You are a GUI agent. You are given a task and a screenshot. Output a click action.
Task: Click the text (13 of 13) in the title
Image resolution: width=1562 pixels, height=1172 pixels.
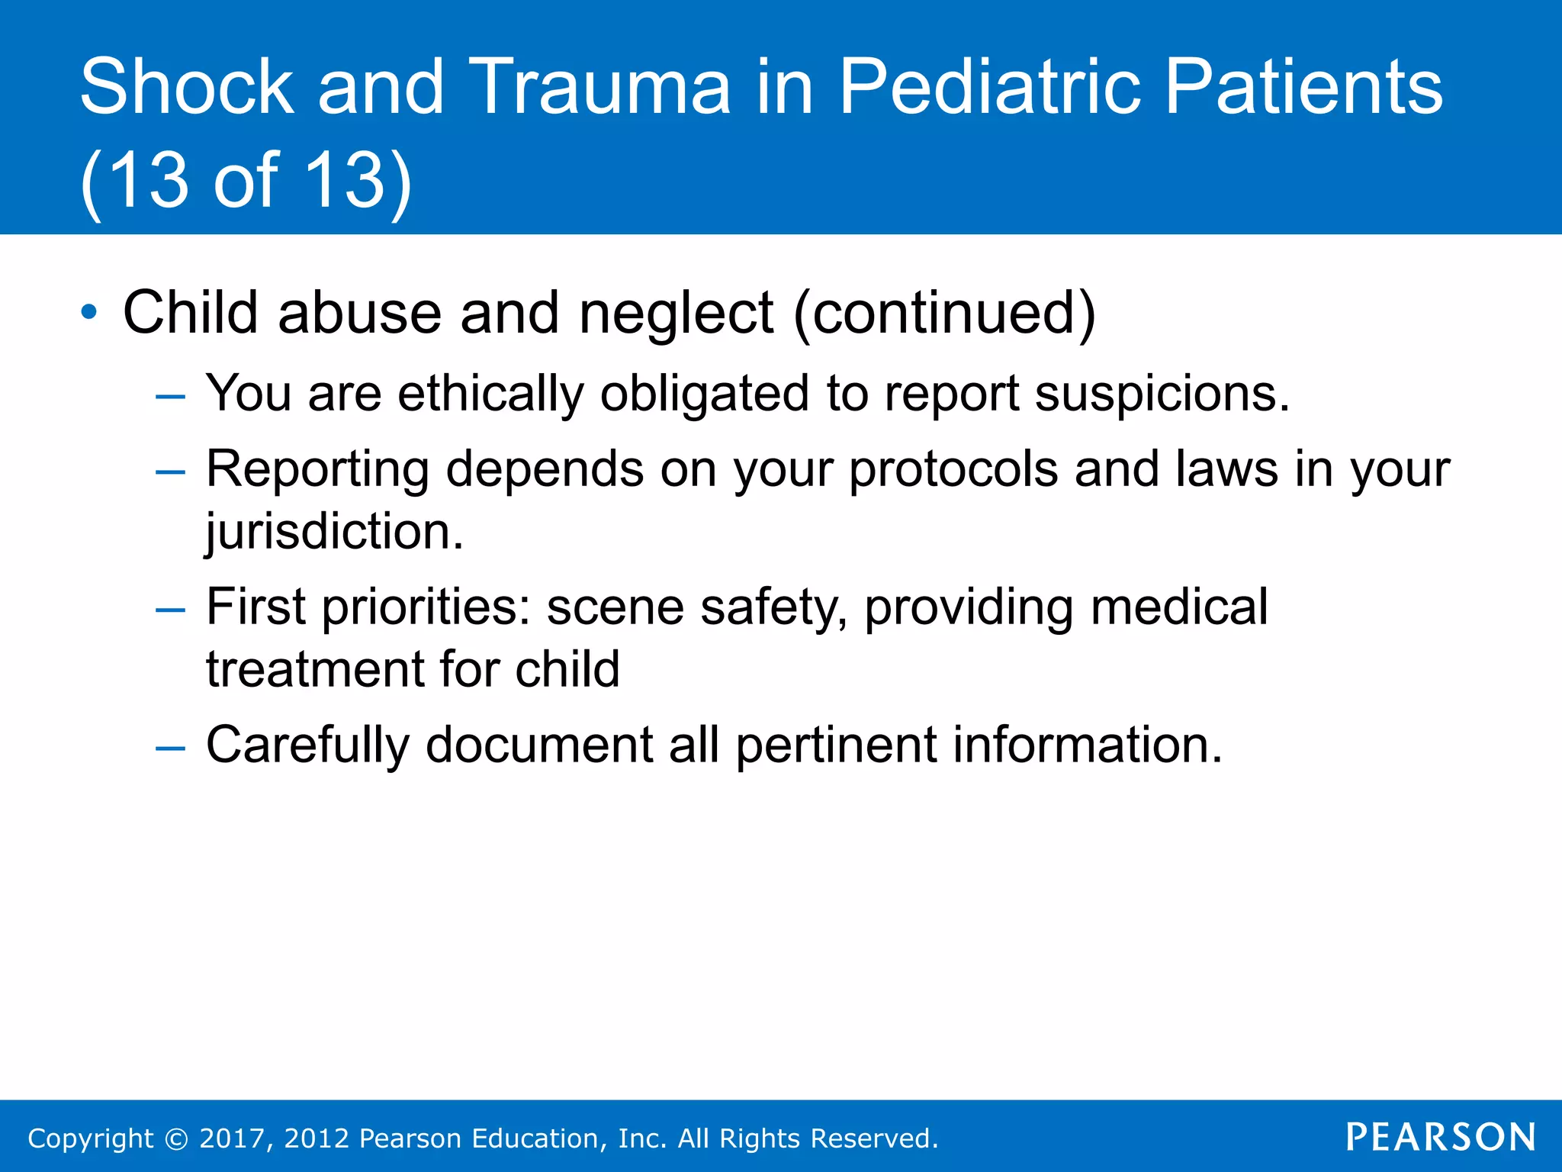tap(246, 180)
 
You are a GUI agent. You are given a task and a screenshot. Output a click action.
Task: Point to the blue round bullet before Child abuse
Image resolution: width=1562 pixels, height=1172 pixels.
tap(89, 312)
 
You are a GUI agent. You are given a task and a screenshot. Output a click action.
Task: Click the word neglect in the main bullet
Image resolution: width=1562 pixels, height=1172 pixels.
tap(676, 313)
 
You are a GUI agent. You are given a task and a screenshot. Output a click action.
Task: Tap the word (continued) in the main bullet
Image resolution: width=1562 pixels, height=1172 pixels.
tap(944, 313)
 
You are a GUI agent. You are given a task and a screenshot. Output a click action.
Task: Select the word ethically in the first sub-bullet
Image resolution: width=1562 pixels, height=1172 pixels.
tap(490, 394)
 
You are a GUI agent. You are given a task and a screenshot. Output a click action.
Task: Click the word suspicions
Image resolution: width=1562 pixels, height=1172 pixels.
tap(1162, 394)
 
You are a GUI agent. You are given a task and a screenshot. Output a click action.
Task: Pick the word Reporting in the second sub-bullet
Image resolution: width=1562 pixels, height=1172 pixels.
tap(317, 469)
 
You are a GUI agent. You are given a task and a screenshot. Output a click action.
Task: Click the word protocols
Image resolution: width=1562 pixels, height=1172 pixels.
tap(953, 469)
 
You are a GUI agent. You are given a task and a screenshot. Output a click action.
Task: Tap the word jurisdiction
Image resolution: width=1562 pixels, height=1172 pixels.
tap(334, 532)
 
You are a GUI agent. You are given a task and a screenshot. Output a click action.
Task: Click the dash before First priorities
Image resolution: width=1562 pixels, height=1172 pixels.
tap(169, 610)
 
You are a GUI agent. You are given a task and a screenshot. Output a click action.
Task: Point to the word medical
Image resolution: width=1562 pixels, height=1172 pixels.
tap(1179, 607)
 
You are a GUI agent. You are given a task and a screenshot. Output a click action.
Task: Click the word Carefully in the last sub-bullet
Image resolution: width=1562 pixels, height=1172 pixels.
tap(307, 745)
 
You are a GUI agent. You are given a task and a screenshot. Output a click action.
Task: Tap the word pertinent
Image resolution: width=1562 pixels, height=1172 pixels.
tap(836, 745)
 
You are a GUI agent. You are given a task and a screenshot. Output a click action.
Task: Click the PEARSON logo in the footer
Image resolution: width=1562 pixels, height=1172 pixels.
tap(1441, 1137)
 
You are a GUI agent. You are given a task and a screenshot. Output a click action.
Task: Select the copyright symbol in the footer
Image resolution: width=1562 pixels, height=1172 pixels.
tap(176, 1138)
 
